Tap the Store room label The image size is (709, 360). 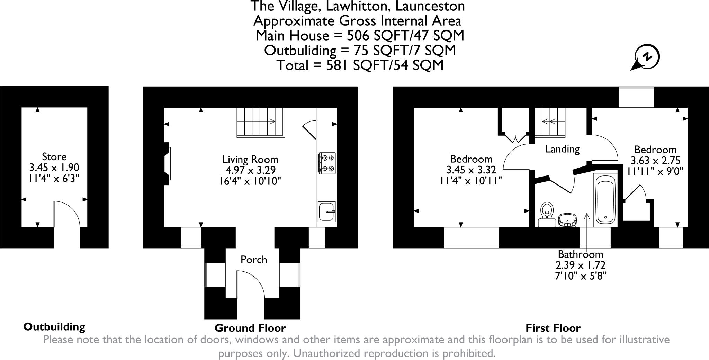pos(54,156)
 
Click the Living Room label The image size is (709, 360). pos(250,160)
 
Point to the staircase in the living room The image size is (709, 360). pos(260,122)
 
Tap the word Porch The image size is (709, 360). pos(254,260)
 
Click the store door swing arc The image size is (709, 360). pos(68,213)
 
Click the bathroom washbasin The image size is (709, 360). pos(568,220)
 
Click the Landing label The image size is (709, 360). pos(562,149)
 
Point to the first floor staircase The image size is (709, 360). pos(550,121)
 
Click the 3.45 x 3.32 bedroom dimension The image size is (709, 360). pos(471,170)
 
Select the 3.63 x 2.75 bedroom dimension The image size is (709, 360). pos(655,161)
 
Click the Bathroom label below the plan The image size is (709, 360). pos(581,254)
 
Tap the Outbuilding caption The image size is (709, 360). pos(54,327)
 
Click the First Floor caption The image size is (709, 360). pos(553,328)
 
